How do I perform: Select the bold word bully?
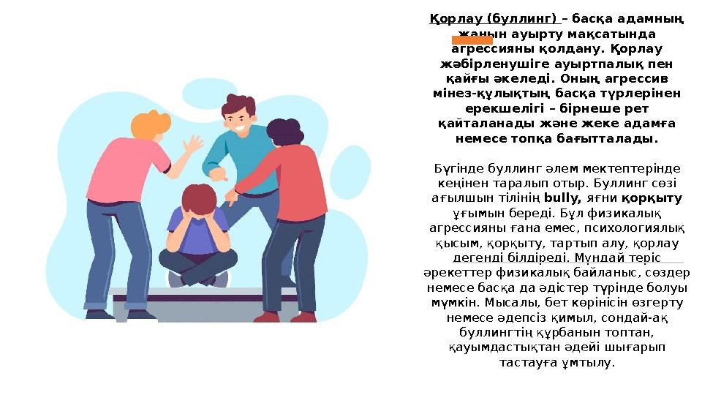pyautogui.click(x=562, y=197)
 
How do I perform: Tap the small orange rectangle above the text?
pyautogui.click(x=472, y=39)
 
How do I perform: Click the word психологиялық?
pyautogui.click(x=635, y=227)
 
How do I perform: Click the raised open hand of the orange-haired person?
pyautogui.click(x=195, y=144)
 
